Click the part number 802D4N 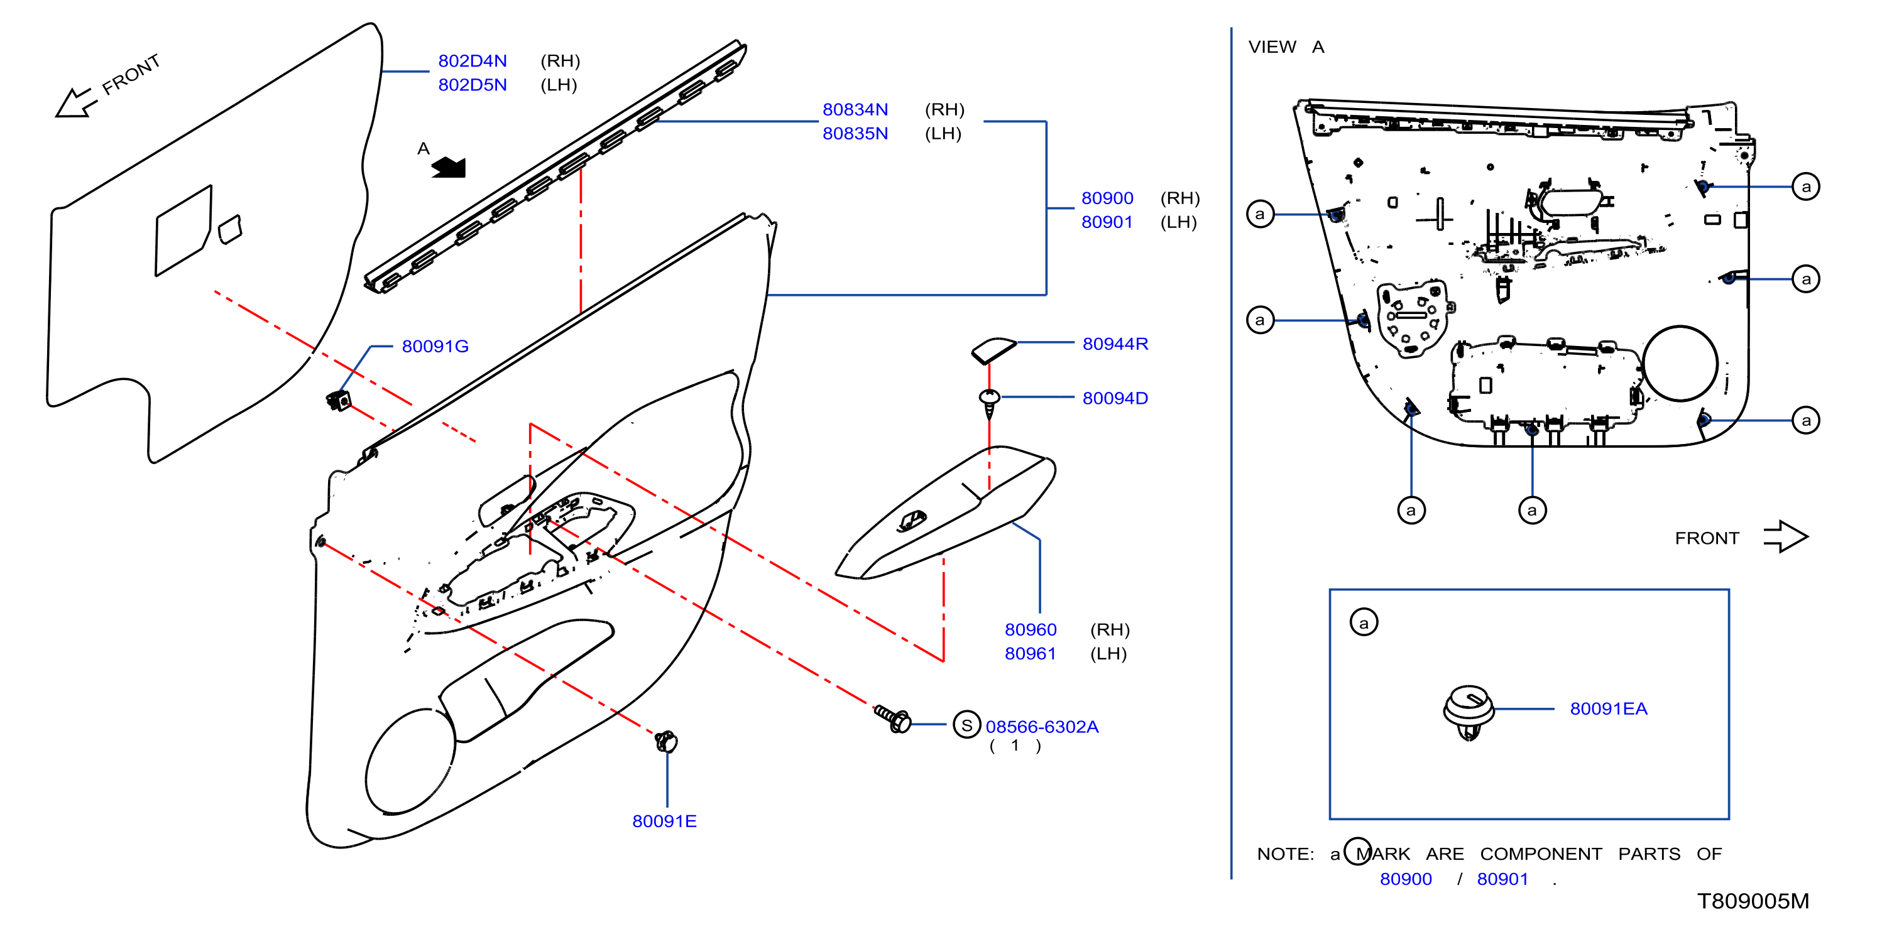(472, 61)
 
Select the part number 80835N (855, 134)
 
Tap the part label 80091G (435, 346)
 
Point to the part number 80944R (1115, 344)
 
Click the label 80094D (1115, 398)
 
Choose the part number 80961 (1030, 654)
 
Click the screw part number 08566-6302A (1042, 727)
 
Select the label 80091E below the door (664, 821)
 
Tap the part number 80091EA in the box (1608, 708)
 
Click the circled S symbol (966, 725)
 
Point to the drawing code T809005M (1753, 901)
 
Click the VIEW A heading (1286, 46)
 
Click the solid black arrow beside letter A (449, 167)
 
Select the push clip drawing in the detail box (1469, 712)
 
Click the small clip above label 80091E (665, 741)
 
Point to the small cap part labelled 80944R (993, 350)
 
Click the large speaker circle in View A (1680, 364)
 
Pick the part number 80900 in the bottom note (1406, 879)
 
